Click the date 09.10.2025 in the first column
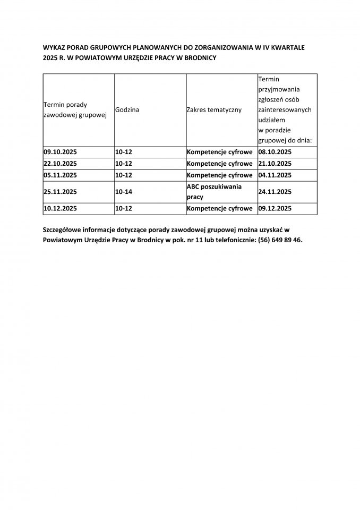[60, 152]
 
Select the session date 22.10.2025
[60, 164]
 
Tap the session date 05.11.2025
[60, 175]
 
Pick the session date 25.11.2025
[60, 192]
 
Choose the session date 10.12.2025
[60, 209]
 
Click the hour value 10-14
[124, 192]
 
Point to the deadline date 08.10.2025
[275, 152]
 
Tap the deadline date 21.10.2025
[275, 164]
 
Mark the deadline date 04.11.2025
[275, 175]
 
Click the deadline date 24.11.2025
[275, 192]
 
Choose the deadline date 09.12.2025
[275, 209]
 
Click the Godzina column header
[127, 110]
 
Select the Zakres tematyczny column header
[214, 110]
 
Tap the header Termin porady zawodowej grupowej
[75, 110]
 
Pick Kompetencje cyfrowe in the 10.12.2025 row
[220, 209]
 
